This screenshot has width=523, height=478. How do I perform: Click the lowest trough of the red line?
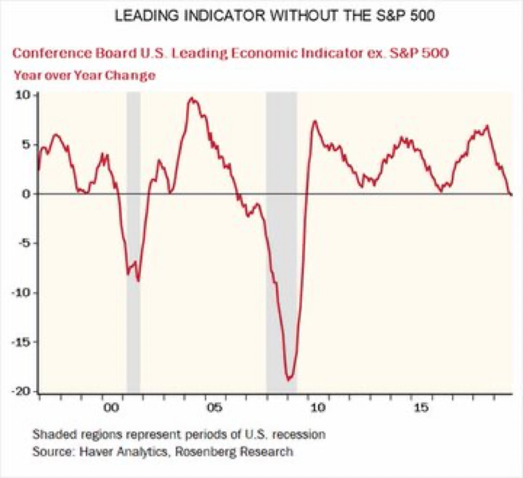coord(289,380)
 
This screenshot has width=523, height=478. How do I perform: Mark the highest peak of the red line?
coord(192,99)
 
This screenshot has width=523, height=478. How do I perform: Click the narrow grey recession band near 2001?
coord(132,244)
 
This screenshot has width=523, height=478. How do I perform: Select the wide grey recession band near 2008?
coord(281,244)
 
